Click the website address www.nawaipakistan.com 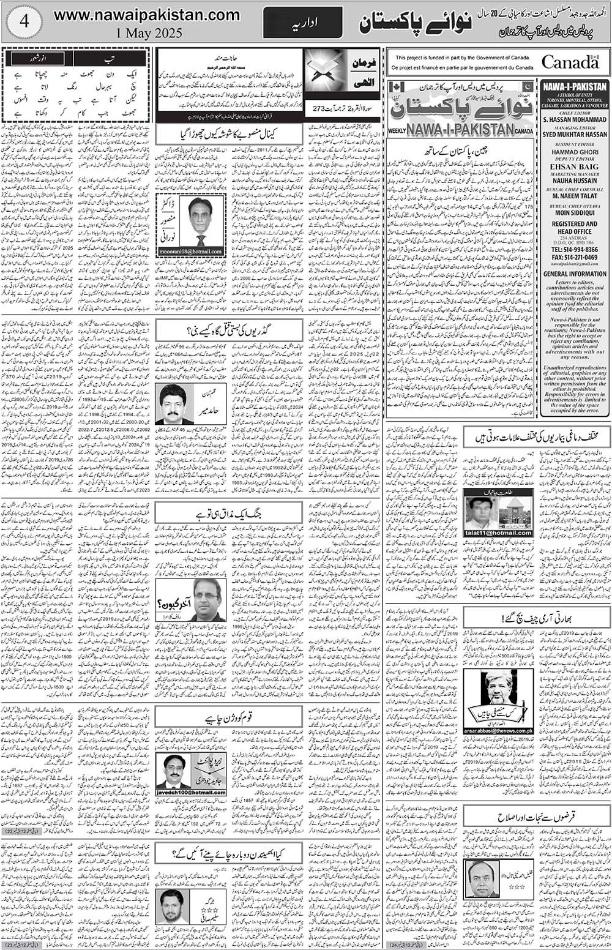pyautogui.click(x=146, y=15)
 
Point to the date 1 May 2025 pyautogui.click(x=146, y=34)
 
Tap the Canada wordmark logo pyautogui.click(x=570, y=62)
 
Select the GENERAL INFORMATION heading pyautogui.click(x=574, y=274)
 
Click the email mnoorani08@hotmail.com pyautogui.click(x=191, y=252)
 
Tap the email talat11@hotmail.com pyautogui.click(x=498, y=533)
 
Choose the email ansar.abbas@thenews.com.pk pyautogui.click(x=499, y=730)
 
